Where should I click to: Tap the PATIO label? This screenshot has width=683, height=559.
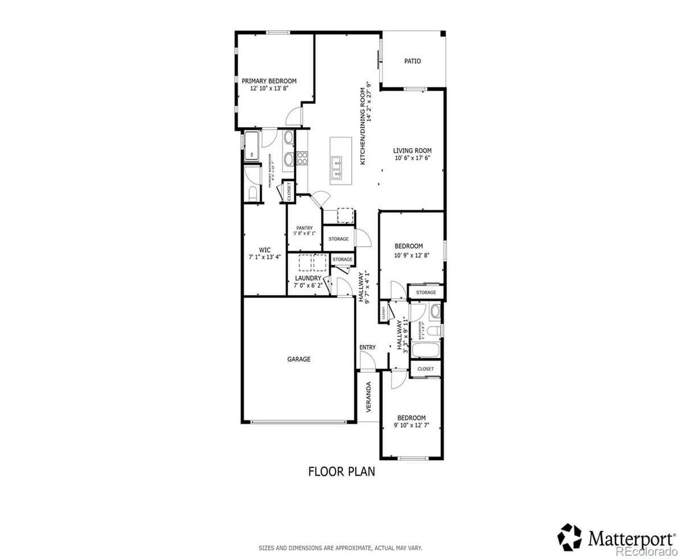click(413, 61)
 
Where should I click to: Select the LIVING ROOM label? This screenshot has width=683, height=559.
click(413, 151)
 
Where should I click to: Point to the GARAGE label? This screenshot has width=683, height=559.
click(299, 359)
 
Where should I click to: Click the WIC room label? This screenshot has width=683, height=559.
click(265, 250)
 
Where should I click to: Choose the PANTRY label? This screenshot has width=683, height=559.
click(305, 228)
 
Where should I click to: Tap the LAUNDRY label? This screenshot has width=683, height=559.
click(308, 278)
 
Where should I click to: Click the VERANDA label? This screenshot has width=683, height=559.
click(368, 397)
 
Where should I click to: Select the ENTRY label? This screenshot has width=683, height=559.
click(368, 347)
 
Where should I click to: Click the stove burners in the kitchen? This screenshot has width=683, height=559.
click(302, 158)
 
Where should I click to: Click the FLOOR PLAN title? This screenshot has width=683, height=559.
click(341, 471)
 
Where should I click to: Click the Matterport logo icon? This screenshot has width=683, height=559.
click(569, 537)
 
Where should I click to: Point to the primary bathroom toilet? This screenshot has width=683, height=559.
click(252, 192)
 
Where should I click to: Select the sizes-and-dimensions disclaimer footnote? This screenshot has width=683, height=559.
click(340, 549)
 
